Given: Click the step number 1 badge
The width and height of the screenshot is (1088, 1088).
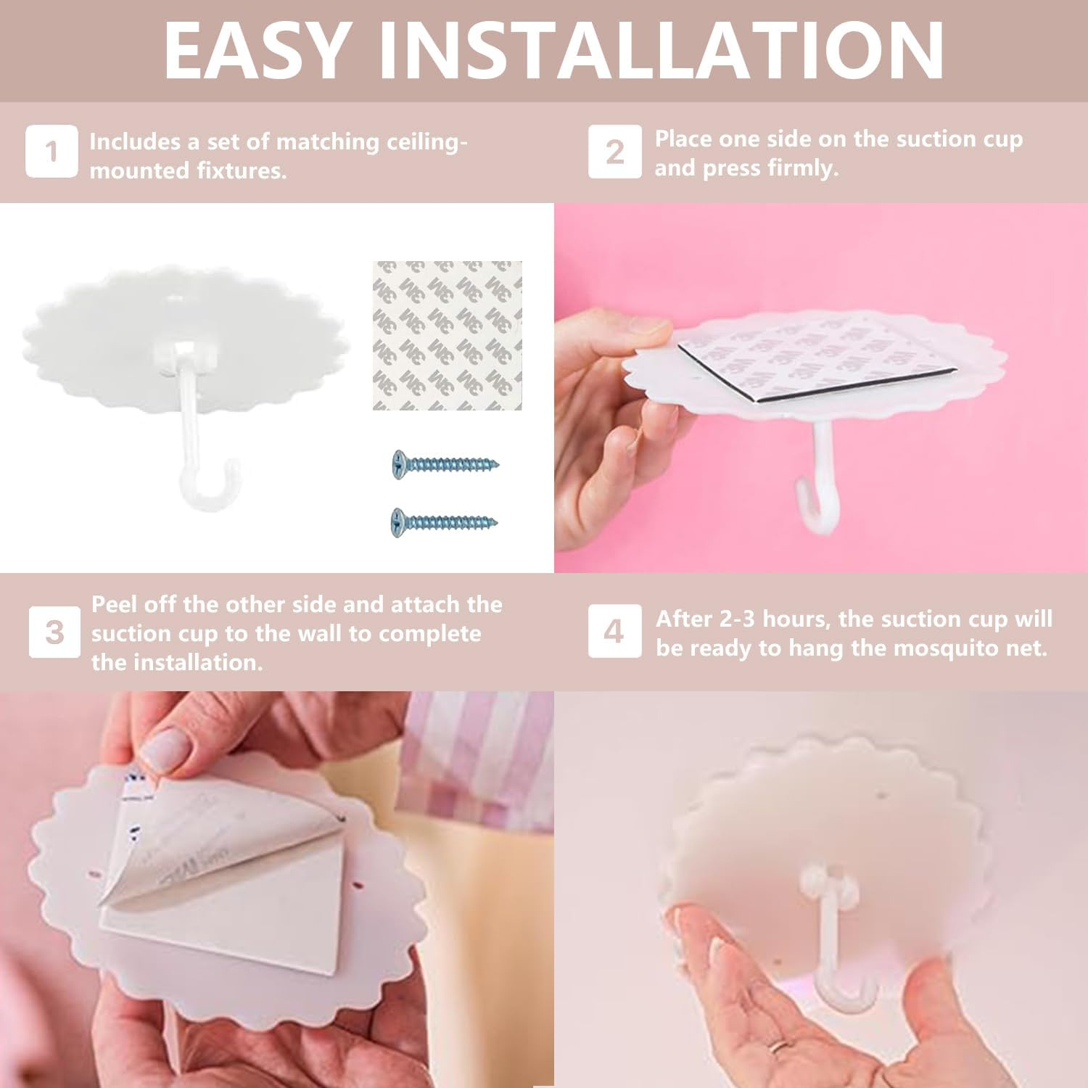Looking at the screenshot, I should pos(51,151).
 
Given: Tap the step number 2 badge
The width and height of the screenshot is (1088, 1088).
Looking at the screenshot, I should pos(614,151).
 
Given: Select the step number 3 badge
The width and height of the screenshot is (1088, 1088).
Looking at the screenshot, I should pos(54,632).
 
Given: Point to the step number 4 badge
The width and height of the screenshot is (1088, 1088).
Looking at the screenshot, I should pos(614,631).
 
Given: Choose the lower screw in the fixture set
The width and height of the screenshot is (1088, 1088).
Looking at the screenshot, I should pos(445,522).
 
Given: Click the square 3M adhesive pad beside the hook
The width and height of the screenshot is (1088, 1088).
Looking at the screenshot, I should pos(448,335).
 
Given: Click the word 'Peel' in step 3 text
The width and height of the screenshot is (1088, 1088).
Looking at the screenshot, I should pos(114,604).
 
